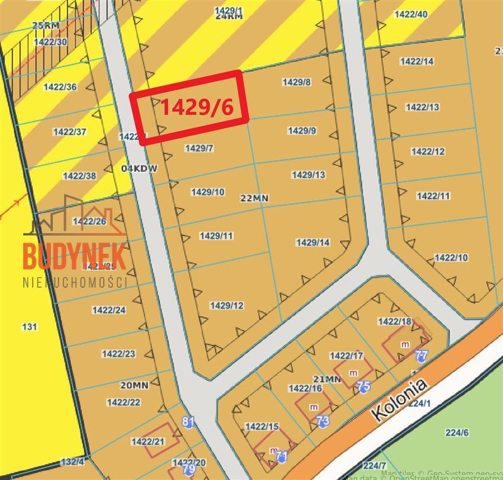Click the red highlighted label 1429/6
click(x=197, y=107)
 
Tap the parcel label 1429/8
click(x=297, y=82)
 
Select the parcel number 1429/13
click(x=309, y=175)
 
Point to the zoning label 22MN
click(x=255, y=198)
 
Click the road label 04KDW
click(x=138, y=169)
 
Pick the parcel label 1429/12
click(x=227, y=306)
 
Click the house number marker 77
click(x=422, y=356)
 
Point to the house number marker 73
click(x=323, y=420)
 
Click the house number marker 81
click(x=188, y=422)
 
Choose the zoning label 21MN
click(x=327, y=379)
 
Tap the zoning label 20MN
click(x=134, y=385)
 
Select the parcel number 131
click(x=30, y=327)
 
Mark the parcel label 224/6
click(x=457, y=432)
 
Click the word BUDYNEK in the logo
click(x=75, y=255)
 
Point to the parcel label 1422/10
click(x=451, y=258)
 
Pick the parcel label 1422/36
click(x=60, y=87)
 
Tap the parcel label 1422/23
click(x=118, y=354)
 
